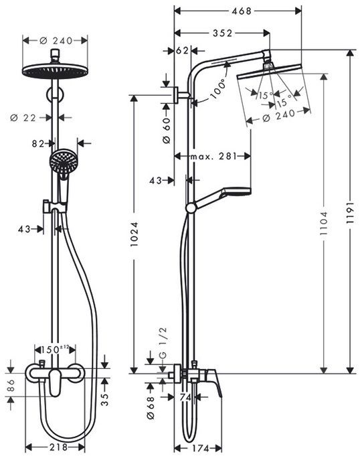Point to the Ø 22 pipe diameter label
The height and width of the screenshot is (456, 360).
tap(23, 117)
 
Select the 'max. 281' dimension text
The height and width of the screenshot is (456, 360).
tap(213, 157)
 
